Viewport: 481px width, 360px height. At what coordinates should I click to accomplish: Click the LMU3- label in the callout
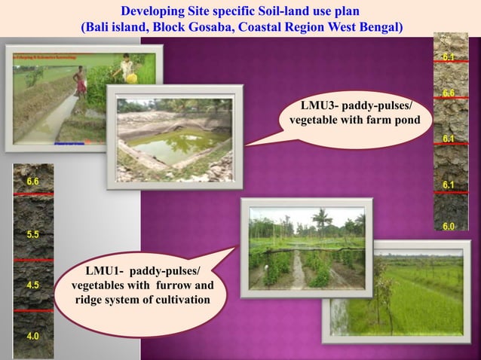point(320,104)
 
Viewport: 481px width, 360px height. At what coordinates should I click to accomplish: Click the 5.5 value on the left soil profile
point(33,235)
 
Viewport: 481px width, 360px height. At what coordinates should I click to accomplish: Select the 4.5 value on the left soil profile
point(33,285)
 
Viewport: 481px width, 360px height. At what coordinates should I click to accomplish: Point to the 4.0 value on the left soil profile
point(33,336)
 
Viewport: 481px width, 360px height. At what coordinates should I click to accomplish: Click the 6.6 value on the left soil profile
point(33,182)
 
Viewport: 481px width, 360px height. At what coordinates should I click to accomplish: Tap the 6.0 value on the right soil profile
point(449,227)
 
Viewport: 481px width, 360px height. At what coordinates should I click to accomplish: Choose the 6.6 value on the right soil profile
point(449,93)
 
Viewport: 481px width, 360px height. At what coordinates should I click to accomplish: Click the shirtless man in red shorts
point(80,81)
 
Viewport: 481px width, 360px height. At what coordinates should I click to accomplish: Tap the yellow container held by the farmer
point(131,78)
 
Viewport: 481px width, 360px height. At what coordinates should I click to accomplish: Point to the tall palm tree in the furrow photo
point(323,220)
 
